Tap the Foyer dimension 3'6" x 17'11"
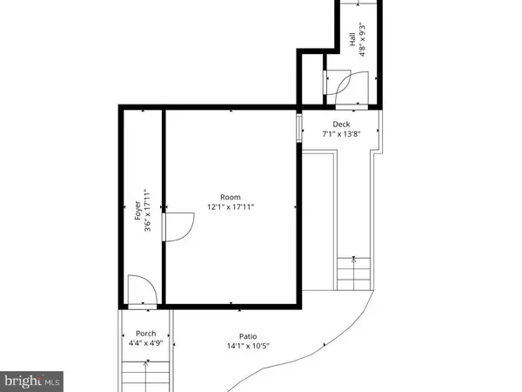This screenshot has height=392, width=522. tap(148, 212)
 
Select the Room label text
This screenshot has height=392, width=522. tap(230, 196)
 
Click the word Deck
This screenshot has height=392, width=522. tap(340, 124)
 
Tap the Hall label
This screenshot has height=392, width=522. tap(352, 39)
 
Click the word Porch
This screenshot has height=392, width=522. tap(145, 334)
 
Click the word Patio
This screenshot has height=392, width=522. tap(250, 336)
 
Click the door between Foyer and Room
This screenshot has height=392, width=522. tap(177, 227)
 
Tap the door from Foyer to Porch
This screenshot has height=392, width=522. tap(139, 292)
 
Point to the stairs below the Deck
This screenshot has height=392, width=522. tap(352, 278)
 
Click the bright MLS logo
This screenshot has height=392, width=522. tap(31, 380)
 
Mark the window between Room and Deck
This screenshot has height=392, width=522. tap(300, 126)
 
